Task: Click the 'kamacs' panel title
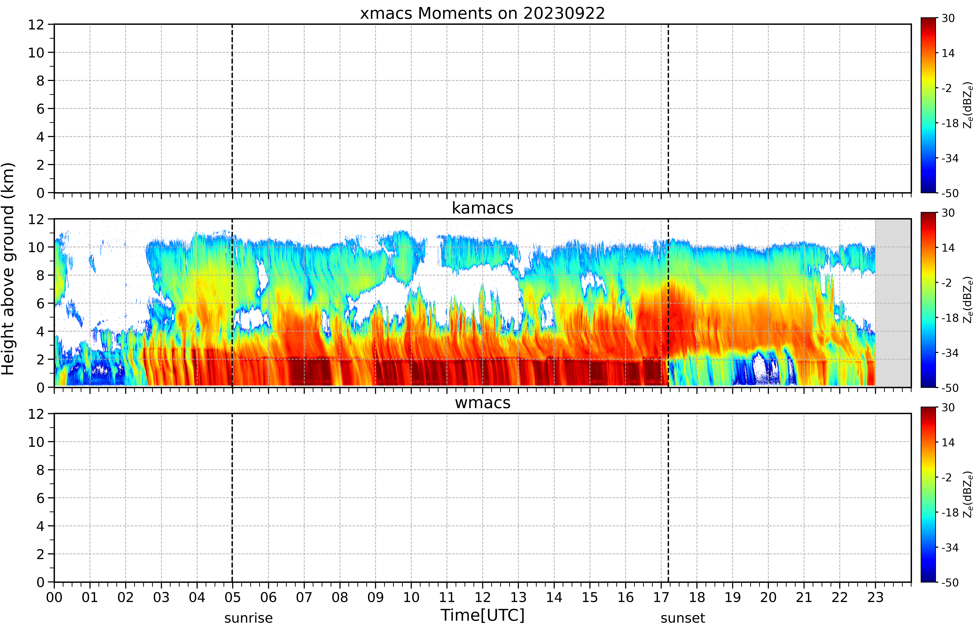[482, 208]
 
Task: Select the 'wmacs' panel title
[482, 403]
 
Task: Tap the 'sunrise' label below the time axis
[248, 618]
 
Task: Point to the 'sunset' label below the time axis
[683, 618]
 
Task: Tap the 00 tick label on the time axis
[54, 597]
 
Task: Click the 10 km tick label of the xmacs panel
[36, 53]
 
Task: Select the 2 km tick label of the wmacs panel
[40, 554]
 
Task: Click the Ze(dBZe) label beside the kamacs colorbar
[968, 300]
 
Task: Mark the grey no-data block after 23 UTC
[893, 303]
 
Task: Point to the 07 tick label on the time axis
[304, 597]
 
